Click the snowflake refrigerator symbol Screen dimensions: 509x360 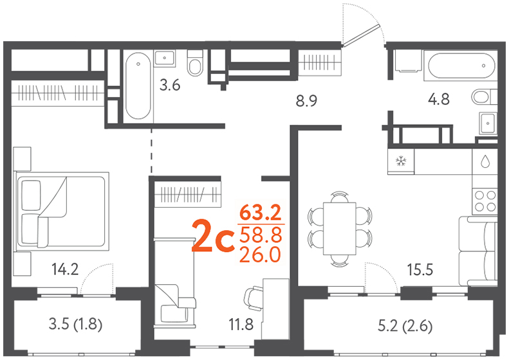[x=402, y=161]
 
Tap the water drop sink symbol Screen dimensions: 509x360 [x=485, y=161]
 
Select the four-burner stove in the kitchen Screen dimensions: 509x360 [x=485, y=201]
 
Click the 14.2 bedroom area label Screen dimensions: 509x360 [x=65, y=269]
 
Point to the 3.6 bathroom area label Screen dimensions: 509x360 [x=170, y=85]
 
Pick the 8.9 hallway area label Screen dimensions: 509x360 [x=306, y=101]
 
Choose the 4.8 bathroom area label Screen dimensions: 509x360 [x=439, y=99]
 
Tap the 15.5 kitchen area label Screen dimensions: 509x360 [x=420, y=269]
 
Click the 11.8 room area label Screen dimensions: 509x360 [x=241, y=325]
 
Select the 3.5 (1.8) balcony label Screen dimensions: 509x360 [x=76, y=325]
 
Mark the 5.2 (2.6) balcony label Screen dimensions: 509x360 [x=405, y=327]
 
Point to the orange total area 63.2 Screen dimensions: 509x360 [x=260, y=213]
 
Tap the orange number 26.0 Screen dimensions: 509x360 [x=260, y=255]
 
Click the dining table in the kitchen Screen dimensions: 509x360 [x=340, y=229]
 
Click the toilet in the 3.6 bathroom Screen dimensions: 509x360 [x=195, y=63]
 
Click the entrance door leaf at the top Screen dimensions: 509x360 [x=361, y=35]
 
